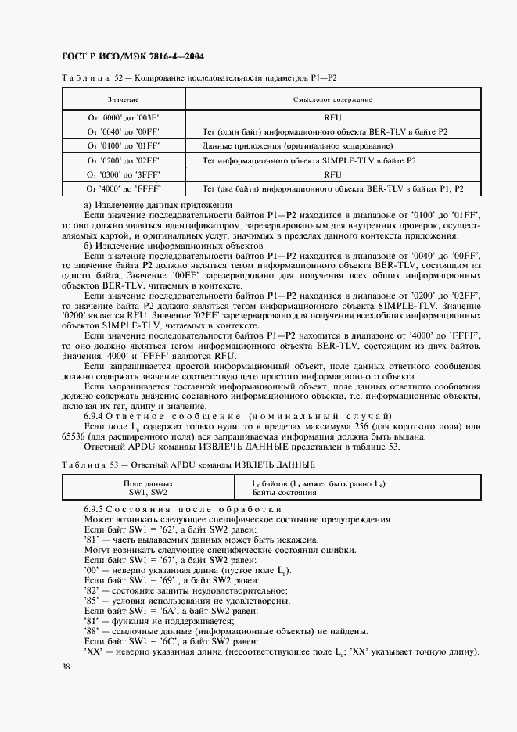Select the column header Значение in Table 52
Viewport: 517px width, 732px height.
coord(123,100)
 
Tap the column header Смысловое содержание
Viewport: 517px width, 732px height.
coord(332,100)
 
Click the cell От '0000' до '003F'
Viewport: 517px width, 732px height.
coord(123,117)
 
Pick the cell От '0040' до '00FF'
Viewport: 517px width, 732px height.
coord(123,131)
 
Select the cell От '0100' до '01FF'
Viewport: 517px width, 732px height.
coord(123,145)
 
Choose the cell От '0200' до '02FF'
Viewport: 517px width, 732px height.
coord(123,160)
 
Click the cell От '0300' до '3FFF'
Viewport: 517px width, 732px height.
coord(123,174)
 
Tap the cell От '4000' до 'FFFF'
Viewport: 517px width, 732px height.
coord(123,189)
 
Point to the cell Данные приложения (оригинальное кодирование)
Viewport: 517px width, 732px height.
coord(297,145)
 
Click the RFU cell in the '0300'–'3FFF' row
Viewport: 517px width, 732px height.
coord(332,174)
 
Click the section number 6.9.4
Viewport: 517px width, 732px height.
coord(98,415)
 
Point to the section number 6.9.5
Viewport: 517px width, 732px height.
coord(98,509)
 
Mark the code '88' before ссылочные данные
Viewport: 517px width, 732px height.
coord(90,631)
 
